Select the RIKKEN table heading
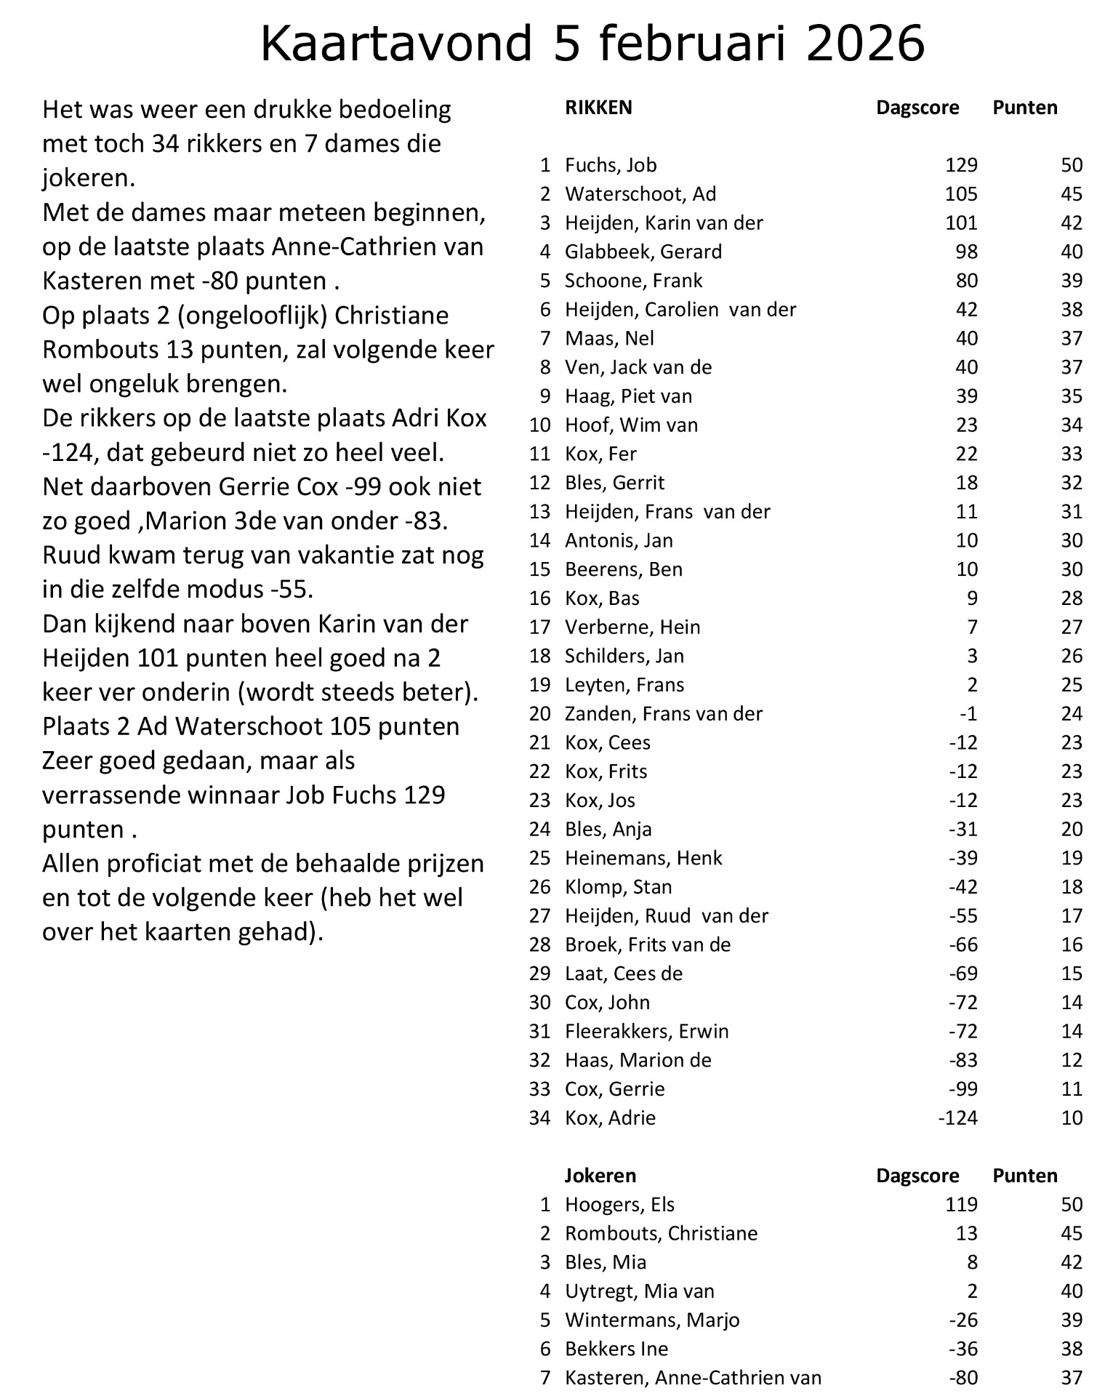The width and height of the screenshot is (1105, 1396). [x=598, y=108]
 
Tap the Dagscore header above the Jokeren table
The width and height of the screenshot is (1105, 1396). [x=917, y=1176]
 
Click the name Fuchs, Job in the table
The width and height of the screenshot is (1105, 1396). [x=611, y=165]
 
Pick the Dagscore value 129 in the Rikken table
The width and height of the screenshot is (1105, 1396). [x=961, y=165]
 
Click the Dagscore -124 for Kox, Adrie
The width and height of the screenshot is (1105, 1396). [x=958, y=1118]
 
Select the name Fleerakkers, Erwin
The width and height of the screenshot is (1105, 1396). [x=646, y=1031]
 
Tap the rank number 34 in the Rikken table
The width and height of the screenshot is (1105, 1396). [x=540, y=1118]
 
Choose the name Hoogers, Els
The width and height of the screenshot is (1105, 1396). [x=619, y=1205]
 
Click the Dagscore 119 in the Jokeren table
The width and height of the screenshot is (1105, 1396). [x=961, y=1205]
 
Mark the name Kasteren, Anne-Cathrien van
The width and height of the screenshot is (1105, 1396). [x=693, y=1378]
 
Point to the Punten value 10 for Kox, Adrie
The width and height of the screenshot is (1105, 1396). [x=1072, y=1118]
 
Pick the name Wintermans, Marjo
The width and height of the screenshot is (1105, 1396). [x=652, y=1320]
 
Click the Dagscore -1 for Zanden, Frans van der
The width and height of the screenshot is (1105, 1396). [x=968, y=713]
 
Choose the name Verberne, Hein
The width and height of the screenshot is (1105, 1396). [x=632, y=627]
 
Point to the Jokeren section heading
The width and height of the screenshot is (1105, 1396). [x=600, y=1176]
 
